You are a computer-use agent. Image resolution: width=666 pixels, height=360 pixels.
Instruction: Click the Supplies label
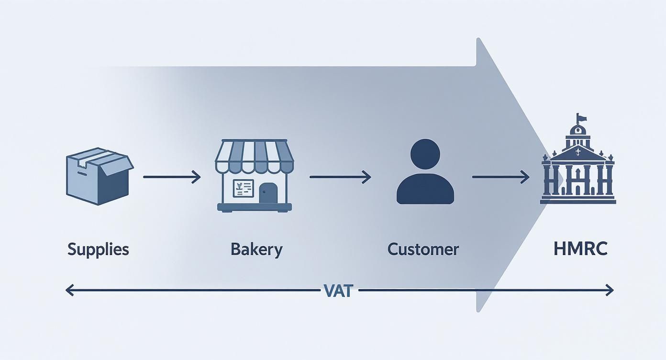98,249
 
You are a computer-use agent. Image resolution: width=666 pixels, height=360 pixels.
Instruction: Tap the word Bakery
256,249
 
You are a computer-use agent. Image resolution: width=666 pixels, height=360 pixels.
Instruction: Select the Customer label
423,249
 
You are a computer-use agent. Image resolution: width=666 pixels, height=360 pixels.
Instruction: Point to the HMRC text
580,249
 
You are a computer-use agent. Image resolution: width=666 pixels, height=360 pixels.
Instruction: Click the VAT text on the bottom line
338,291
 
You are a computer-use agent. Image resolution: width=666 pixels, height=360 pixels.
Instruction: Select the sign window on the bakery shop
243,188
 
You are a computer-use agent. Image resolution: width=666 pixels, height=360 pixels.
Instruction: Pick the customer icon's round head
425,154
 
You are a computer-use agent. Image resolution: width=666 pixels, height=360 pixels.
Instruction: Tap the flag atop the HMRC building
581,117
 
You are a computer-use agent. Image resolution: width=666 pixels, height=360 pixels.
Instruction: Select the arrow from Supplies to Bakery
171,177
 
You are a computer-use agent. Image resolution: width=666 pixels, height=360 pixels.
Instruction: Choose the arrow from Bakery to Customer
340,177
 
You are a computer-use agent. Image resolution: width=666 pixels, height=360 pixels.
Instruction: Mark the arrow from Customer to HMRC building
500,177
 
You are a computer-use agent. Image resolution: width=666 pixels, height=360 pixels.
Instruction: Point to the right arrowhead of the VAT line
610,290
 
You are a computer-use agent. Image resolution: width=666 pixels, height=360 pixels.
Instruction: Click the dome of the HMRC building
578,129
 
